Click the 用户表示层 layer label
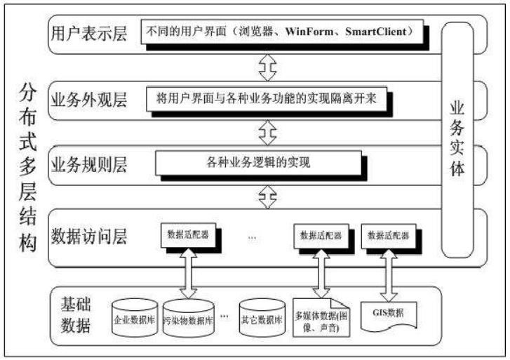[x=89, y=32]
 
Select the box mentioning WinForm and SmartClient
[x=283, y=32]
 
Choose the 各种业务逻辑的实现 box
[x=260, y=163]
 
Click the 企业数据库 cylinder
[x=134, y=318]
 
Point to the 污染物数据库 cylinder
[x=189, y=319]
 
